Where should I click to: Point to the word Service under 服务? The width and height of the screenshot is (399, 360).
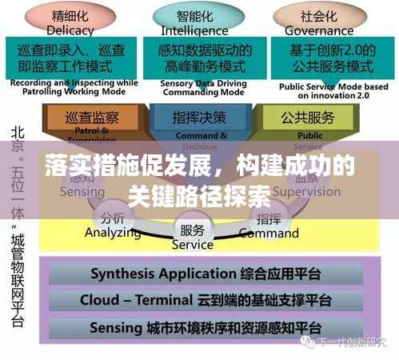tap(193, 244)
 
